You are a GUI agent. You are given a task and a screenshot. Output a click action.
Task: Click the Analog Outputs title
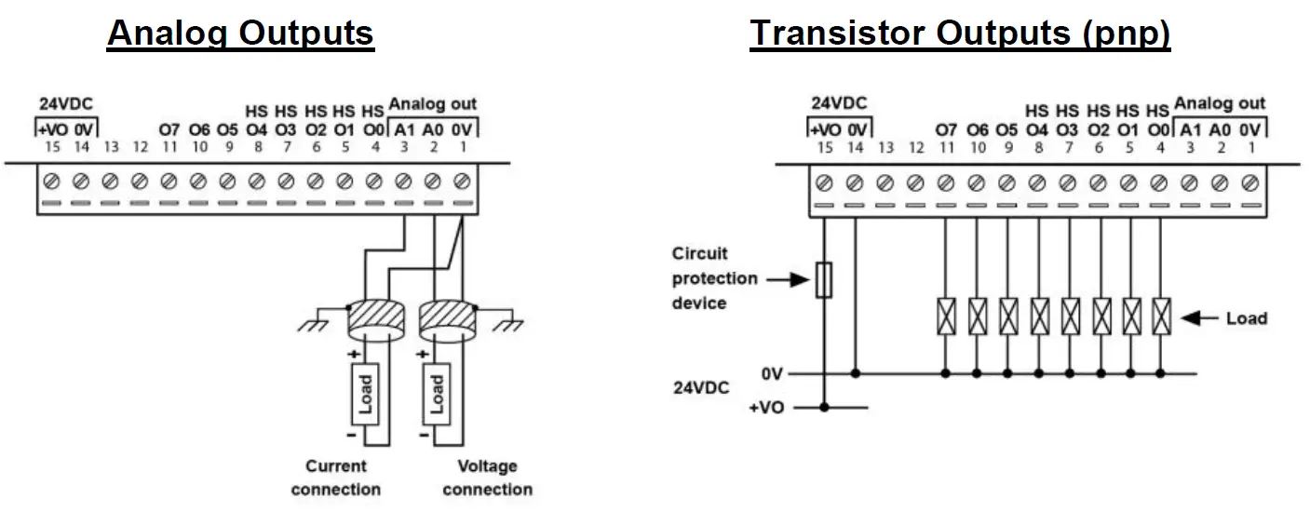(x=240, y=34)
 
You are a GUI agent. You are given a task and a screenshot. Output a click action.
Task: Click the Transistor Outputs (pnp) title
(x=960, y=34)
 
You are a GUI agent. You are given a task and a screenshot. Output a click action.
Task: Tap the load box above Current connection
(x=365, y=395)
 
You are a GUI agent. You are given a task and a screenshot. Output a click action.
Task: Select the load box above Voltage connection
(x=437, y=395)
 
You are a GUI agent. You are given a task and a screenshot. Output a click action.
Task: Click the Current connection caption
(x=336, y=478)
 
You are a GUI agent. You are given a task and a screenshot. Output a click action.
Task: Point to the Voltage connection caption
(x=487, y=478)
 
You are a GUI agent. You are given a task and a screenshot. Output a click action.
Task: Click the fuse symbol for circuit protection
(x=824, y=280)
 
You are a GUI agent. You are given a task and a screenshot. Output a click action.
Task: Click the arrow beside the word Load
(x=1199, y=318)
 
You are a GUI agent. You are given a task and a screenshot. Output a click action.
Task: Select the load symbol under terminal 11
(x=946, y=317)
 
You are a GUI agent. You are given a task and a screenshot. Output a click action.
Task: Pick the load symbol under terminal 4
(x=1161, y=317)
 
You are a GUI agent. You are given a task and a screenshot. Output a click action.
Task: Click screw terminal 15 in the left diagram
(x=52, y=182)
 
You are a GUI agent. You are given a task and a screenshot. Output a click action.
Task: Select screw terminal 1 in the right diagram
(x=1250, y=183)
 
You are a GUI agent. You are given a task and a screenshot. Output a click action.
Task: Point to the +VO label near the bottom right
(x=766, y=408)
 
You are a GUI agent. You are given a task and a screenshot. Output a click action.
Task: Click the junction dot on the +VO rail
(x=824, y=408)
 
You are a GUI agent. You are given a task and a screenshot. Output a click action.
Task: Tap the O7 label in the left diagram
(x=169, y=129)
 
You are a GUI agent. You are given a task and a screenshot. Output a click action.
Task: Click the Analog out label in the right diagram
(x=1220, y=103)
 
